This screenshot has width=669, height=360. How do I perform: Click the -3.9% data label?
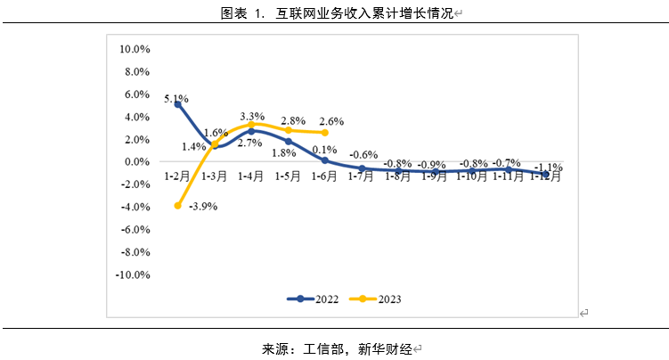203,207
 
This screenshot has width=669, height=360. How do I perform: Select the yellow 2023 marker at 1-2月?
178,206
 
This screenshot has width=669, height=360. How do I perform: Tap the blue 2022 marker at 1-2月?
178,104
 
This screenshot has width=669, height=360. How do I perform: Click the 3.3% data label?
253,117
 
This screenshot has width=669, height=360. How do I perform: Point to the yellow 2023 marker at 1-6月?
325,133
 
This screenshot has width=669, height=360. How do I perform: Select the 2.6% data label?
330,121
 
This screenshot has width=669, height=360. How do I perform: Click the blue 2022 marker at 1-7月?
362,168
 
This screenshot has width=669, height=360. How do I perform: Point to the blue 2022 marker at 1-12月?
545,174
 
